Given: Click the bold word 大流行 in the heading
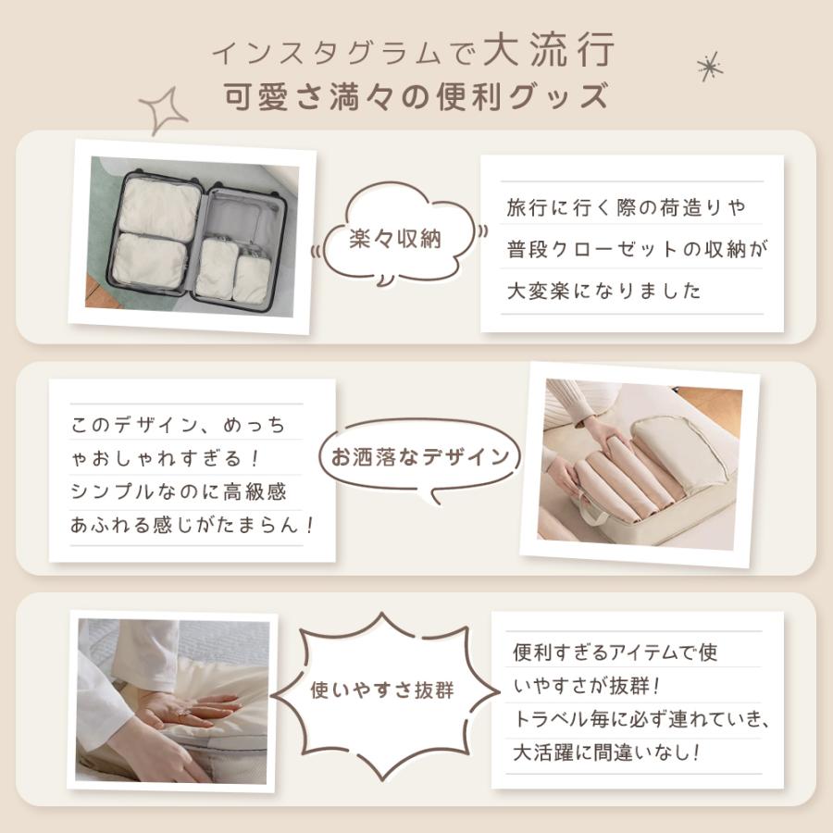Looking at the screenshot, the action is point(549,49).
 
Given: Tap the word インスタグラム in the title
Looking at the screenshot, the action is point(326,54).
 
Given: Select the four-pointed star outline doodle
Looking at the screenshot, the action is point(163,110).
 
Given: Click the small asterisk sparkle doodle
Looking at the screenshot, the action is point(710,67).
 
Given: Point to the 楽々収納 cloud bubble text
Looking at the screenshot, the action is point(396,239).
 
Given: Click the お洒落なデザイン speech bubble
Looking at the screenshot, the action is point(419,457).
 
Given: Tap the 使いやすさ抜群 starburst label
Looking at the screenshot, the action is point(382,690).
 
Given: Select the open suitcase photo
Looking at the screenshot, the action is point(193,236).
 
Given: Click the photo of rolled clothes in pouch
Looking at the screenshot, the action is point(640,465).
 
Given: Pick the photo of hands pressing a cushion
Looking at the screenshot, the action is point(172,702).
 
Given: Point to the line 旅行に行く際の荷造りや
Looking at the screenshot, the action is point(627,207).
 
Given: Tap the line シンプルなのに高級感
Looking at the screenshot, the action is point(179,491).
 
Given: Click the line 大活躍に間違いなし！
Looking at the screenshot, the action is point(606,752).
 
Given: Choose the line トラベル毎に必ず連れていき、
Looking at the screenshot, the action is point(641,719).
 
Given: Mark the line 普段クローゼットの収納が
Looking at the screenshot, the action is point(637,249).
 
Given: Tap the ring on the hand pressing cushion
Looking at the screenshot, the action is point(182,714).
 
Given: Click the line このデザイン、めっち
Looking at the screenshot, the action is point(179,425).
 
